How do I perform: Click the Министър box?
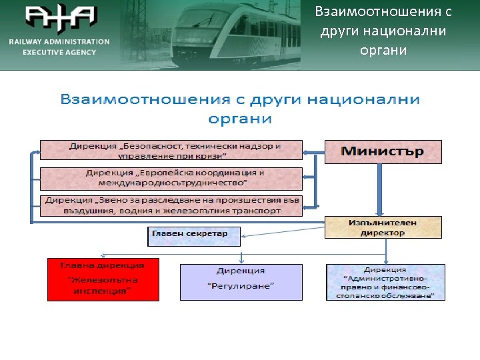(383, 151)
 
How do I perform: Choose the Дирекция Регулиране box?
(241, 282)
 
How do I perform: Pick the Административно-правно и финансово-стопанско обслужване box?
(385, 282)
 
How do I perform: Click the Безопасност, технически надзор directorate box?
(171, 150)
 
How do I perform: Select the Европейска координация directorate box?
(171, 177)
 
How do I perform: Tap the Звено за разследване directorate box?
(171, 205)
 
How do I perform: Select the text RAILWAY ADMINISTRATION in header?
(59, 41)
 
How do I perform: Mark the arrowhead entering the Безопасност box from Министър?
(307, 153)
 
